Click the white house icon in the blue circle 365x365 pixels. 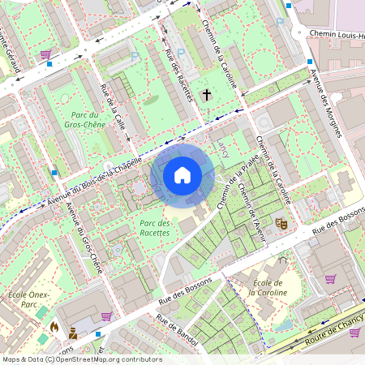tap(182, 175)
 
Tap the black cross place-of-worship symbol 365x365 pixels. tap(206, 96)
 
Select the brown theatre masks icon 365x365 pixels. tap(281, 222)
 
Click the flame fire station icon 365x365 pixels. tap(54, 327)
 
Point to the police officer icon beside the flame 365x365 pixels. tap(73, 333)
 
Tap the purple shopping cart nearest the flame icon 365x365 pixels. tap(105, 316)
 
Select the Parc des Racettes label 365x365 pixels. tap(154, 227)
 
